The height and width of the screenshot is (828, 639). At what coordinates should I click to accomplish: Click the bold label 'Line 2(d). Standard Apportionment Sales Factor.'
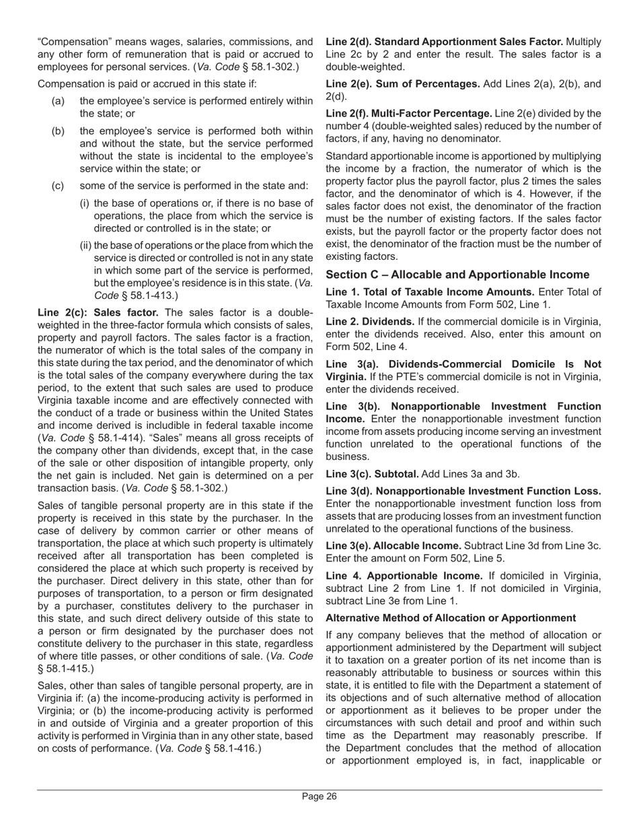tap(445, 42)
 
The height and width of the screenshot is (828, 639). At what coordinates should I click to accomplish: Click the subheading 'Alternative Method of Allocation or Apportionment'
tap(451, 618)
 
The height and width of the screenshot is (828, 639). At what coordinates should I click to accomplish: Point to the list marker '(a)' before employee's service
tap(58, 101)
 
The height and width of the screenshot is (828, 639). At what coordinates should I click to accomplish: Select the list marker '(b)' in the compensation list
tap(58, 131)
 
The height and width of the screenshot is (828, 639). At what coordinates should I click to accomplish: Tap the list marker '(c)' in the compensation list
tap(58, 186)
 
